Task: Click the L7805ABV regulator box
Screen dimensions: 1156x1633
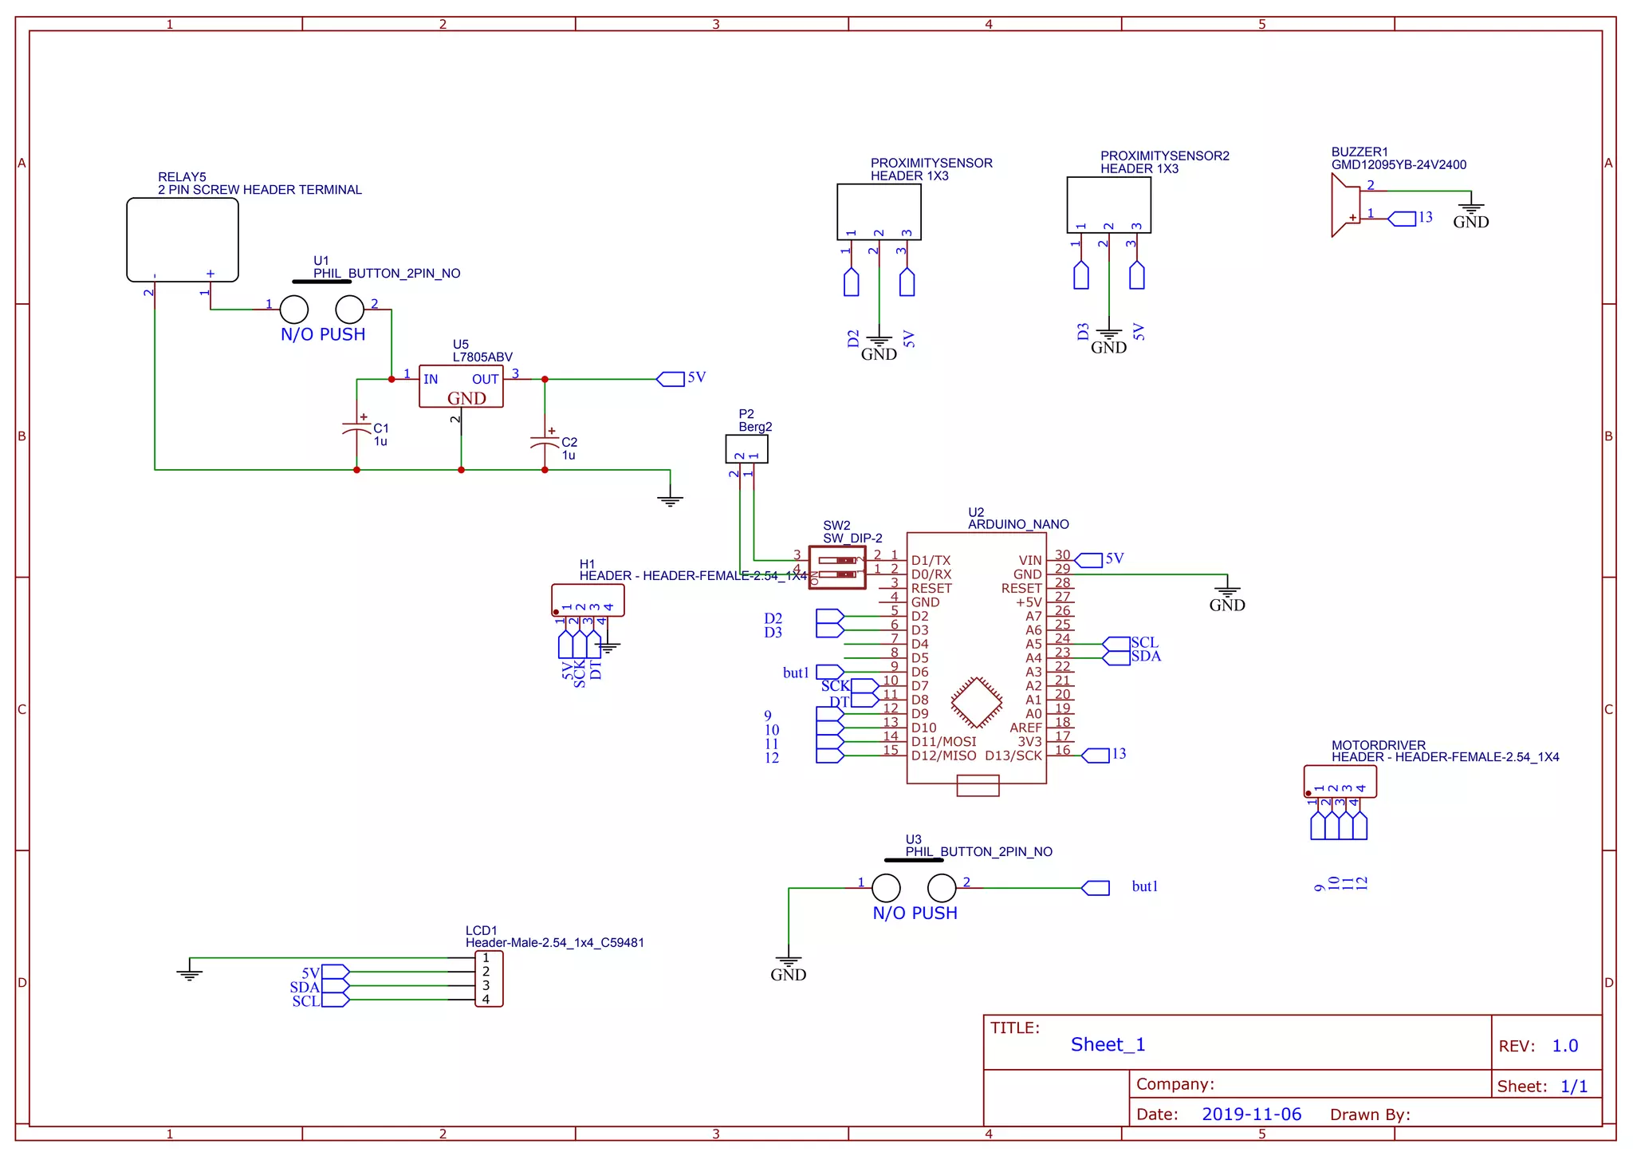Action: pos(461,387)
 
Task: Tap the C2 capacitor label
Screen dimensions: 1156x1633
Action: pos(569,442)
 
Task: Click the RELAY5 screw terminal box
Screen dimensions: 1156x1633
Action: pos(183,239)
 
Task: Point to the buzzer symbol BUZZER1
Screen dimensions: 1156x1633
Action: pos(1346,206)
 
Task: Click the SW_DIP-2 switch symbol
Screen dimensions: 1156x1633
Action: pos(837,567)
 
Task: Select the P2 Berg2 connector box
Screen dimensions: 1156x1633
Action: pos(746,448)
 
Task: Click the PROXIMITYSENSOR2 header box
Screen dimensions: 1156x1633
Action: pos(1108,205)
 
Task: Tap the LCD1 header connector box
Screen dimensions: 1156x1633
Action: pos(489,979)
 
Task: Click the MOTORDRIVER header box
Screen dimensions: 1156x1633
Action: pos(1340,781)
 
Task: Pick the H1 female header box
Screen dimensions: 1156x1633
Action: pos(588,600)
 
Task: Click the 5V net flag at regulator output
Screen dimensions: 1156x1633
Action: pos(671,379)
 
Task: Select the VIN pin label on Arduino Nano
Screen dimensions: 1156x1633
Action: pos(1030,561)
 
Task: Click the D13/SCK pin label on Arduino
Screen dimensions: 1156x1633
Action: pos(1013,756)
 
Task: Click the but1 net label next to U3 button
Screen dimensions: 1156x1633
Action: pos(1144,886)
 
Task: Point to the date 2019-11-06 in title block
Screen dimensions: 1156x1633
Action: pos(1251,1115)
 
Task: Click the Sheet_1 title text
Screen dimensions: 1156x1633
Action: pos(1108,1044)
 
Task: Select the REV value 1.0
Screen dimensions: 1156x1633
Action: pos(1564,1046)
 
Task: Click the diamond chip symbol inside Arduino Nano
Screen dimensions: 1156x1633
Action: pos(976,703)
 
